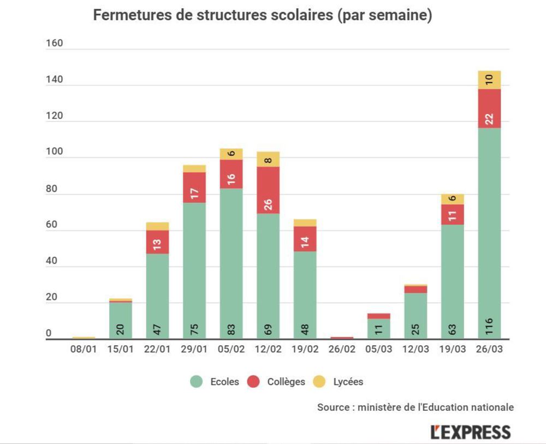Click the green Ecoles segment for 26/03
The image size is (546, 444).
pos(489,229)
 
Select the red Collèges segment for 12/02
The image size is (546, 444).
pos(268,190)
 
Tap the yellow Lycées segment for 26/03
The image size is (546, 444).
pos(489,80)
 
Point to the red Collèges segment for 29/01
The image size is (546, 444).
pos(194,188)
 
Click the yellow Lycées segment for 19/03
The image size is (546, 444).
pos(453,199)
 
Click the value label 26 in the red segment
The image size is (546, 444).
pos(268,205)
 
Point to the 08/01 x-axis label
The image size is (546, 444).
pos(84,350)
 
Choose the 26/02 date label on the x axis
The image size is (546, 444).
pos(342,350)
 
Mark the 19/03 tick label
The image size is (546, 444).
pos(453,350)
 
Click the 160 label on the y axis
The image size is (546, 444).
pos(55,43)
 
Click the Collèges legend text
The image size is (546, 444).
pos(286,382)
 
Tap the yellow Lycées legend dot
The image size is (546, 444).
pos(319,382)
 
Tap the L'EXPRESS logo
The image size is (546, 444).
pos(471,432)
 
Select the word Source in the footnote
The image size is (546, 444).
pos(332,407)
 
